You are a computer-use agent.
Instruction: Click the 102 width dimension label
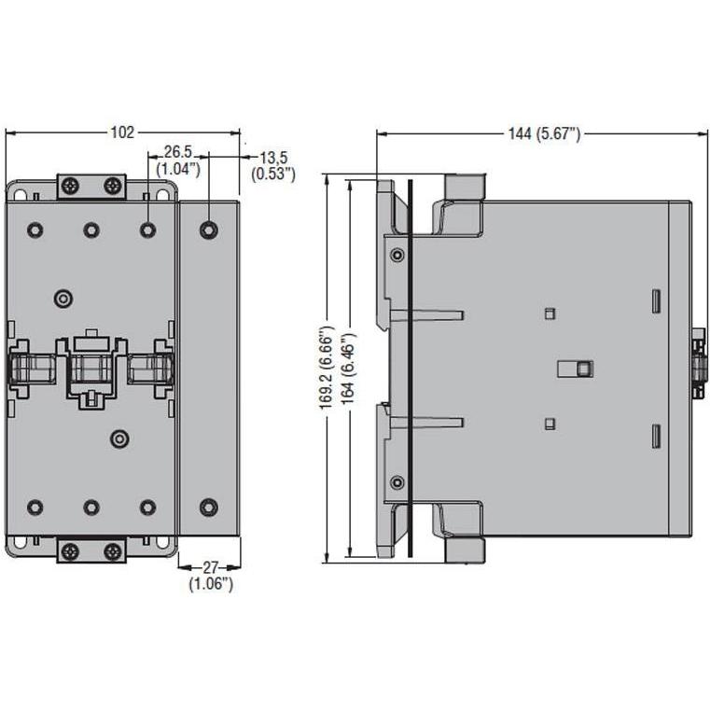123,132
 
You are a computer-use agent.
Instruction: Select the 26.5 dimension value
177,152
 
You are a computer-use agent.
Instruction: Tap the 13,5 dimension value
273,158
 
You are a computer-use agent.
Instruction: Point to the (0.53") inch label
273,174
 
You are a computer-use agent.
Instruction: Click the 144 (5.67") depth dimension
544,134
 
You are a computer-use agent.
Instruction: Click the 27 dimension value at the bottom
210,567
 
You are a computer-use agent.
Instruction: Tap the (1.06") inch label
211,584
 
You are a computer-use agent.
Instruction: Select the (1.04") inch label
178,169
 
